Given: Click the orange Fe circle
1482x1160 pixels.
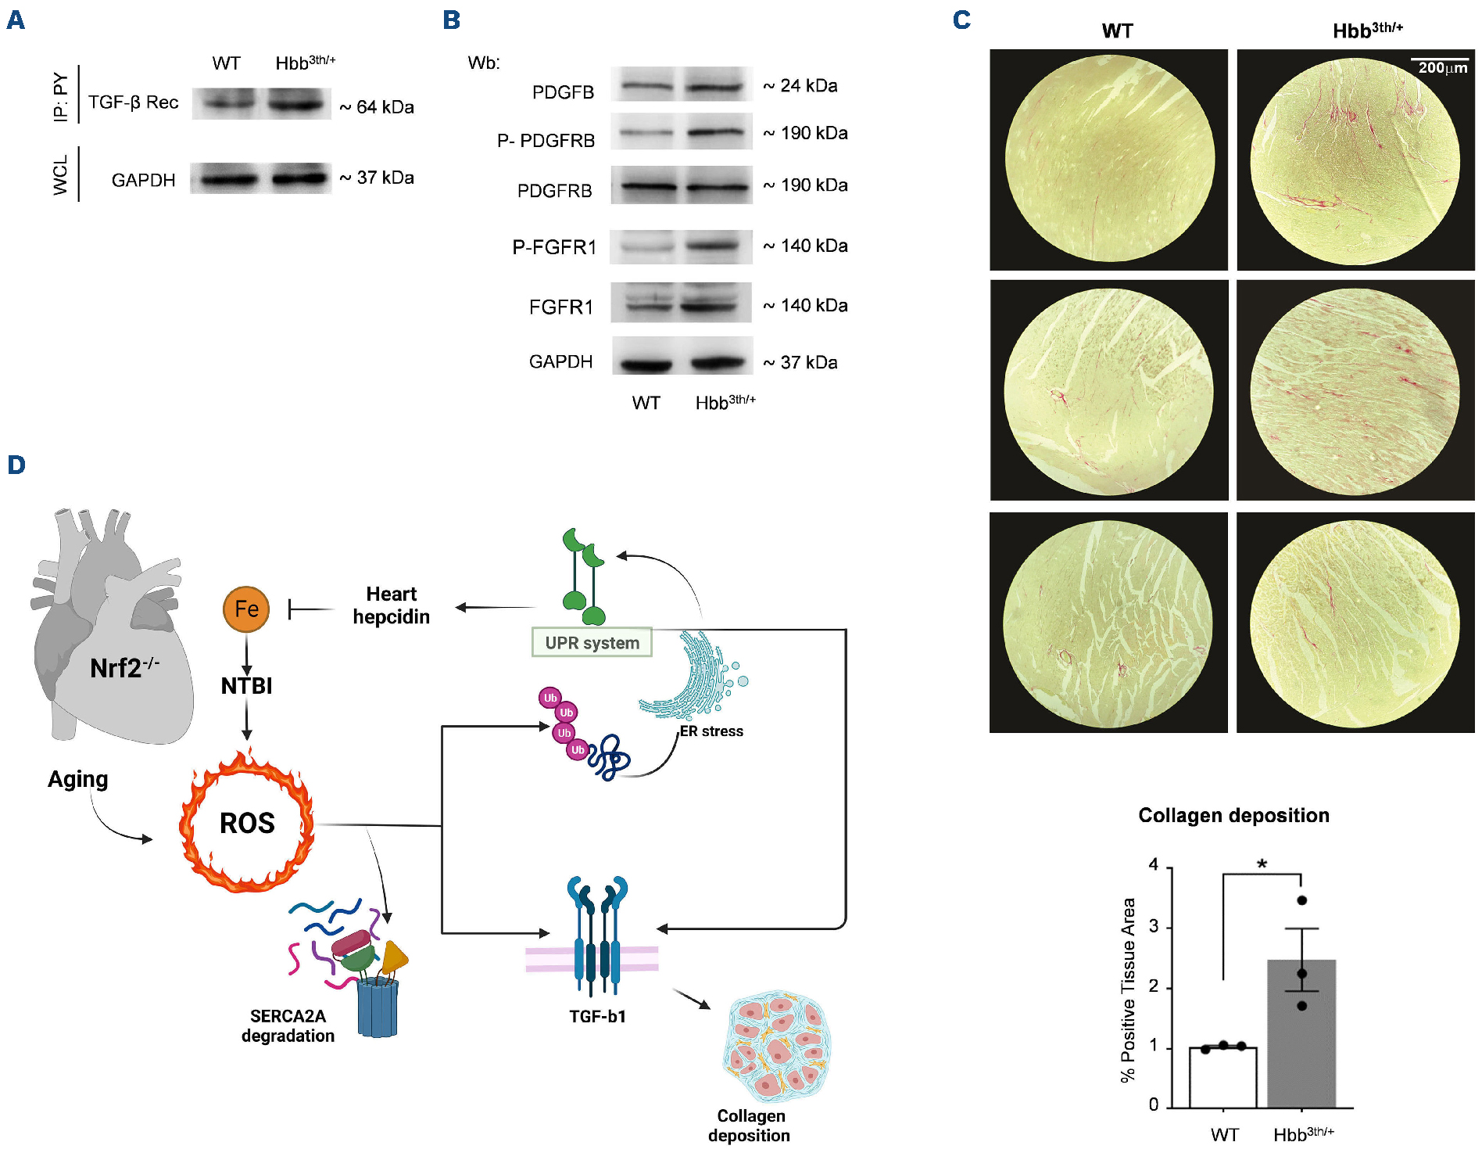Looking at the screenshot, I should [246, 609].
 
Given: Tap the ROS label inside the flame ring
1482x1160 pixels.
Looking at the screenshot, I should [247, 823].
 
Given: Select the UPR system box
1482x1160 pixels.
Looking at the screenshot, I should [592, 642].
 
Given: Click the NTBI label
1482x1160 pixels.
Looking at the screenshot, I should [246, 686].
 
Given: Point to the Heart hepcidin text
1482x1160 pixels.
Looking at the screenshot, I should [391, 605].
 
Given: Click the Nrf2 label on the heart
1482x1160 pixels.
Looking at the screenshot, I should [123, 668].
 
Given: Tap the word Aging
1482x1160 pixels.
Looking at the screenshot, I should [77, 779].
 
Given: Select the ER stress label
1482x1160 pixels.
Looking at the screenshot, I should [711, 731].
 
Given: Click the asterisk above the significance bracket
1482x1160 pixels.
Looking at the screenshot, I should [1262, 864].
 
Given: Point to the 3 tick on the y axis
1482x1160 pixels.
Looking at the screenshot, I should [1154, 927].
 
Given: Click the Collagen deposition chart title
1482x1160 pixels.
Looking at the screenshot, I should [1233, 815].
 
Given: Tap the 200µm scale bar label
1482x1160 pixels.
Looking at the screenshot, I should [1442, 68].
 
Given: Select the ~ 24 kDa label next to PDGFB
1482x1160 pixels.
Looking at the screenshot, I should [800, 85].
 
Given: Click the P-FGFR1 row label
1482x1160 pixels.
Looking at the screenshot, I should [553, 247].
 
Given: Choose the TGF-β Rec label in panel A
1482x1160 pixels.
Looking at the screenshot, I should [133, 102].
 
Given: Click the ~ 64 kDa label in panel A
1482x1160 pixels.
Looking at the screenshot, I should [377, 107].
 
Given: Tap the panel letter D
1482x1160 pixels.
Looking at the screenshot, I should [16, 465].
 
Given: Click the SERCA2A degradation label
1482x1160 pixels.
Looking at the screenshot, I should [288, 1025].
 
